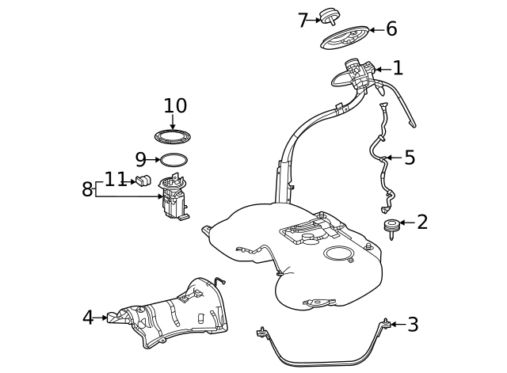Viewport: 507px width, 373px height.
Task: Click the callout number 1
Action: (x=398, y=68)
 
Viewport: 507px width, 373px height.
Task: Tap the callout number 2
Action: (x=422, y=222)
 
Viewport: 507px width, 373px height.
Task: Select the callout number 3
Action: (x=413, y=324)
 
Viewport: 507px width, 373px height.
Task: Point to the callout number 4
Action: (x=88, y=318)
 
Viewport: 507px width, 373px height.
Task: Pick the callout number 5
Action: (x=410, y=158)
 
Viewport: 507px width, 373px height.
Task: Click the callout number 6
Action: (x=391, y=29)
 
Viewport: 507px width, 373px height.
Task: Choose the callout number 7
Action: (x=303, y=20)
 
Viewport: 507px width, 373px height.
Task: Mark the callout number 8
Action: (x=86, y=189)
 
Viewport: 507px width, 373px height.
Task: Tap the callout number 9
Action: (x=141, y=159)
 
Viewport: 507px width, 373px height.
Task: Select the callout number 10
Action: (x=175, y=105)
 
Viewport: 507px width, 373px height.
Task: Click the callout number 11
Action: (x=116, y=179)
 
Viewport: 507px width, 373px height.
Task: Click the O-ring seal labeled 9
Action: (x=174, y=160)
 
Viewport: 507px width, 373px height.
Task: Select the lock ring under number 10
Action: (x=173, y=136)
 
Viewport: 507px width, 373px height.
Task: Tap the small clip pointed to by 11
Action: (x=143, y=181)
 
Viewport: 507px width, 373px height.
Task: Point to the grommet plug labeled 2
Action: (x=391, y=228)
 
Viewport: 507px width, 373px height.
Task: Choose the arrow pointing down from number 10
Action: (x=173, y=121)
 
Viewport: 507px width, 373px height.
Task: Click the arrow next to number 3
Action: (x=398, y=324)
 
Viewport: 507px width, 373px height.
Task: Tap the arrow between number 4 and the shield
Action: (x=101, y=318)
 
